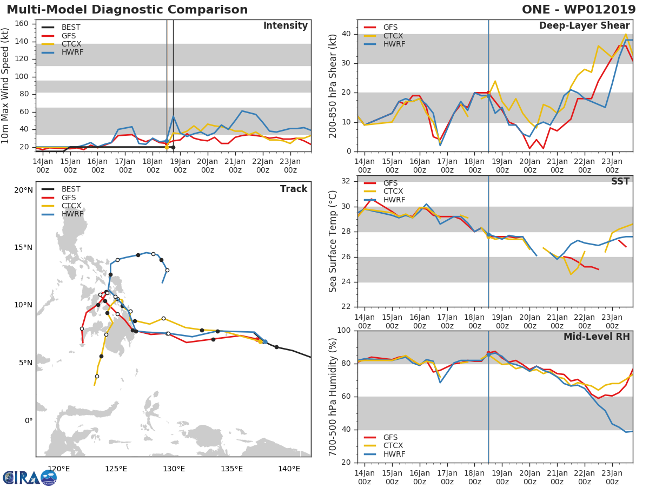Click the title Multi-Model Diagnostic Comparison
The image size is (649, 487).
tap(127, 10)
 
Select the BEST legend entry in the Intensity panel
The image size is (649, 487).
tap(71, 27)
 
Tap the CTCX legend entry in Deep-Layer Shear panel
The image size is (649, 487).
tap(394, 36)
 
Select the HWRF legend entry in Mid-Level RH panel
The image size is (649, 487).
tap(394, 454)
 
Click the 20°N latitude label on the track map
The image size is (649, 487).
tap(23, 190)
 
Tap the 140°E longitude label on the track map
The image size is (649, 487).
tap(289, 469)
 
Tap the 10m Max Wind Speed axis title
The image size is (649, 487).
tap(6, 85)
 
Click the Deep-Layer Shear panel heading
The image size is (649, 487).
tap(584, 26)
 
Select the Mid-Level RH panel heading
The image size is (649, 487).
tap(597, 337)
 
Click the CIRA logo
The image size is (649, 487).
tap(30, 477)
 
